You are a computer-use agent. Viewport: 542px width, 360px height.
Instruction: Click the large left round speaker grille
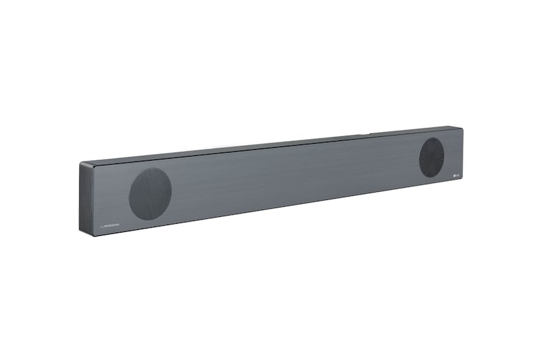coord(150,194)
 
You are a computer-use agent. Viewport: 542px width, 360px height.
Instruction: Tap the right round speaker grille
coord(431,157)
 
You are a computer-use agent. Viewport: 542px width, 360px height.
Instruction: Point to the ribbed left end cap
coord(86,198)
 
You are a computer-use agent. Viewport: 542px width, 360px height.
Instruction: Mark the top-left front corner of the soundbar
coord(93,164)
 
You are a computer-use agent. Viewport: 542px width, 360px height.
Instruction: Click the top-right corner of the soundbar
coord(463,127)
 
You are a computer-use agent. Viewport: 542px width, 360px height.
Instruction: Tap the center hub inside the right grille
coord(431,157)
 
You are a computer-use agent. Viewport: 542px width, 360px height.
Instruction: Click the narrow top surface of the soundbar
coord(271,143)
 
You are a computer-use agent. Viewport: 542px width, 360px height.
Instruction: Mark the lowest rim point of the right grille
coord(430,178)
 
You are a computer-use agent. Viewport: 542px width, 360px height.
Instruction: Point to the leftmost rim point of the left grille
coord(129,195)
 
